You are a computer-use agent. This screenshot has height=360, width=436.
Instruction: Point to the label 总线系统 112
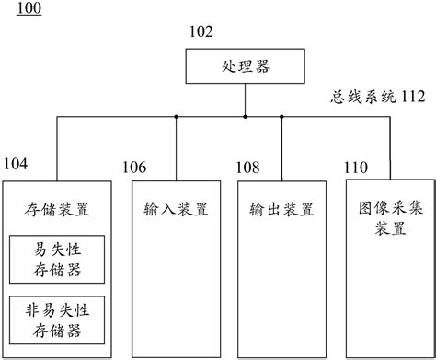pyautogui.click(x=378, y=96)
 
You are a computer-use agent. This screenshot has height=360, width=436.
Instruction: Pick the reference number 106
pyautogui.click(x=134, y=168)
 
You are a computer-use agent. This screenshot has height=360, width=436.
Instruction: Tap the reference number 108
pyautogui.click(x=249, y=168)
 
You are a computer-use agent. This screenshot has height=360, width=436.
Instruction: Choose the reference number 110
pyautogui.click(x=355, y=168)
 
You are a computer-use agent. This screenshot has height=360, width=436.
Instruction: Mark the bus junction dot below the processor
pyautogui.click(x=245, y=117)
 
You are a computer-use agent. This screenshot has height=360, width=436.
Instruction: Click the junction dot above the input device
pyautogui.click(x=176, y=117)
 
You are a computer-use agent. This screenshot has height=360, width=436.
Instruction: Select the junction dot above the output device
pyautogui.click(x=281, y=117)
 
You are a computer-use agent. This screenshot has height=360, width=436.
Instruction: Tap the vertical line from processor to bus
pyautogui.click(x=245, y=99)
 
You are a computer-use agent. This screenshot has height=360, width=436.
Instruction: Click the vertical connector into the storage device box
pyautogui.click(x=56, y=147)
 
